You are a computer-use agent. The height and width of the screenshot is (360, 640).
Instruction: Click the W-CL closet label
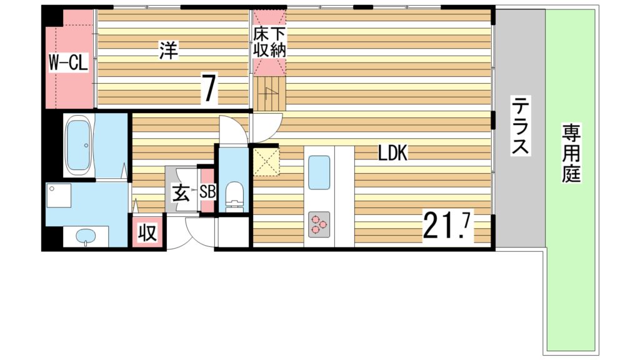coord(69,62)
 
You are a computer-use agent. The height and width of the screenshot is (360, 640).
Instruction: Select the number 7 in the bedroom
coord(209,88)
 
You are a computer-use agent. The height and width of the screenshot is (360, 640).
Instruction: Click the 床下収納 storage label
coord(269,42)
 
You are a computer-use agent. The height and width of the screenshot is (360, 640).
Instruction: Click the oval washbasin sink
coord(86,236)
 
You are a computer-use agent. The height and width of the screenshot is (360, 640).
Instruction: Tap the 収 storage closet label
coord(147,232)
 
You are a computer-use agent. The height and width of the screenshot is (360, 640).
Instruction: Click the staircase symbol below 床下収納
coord(269,94)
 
